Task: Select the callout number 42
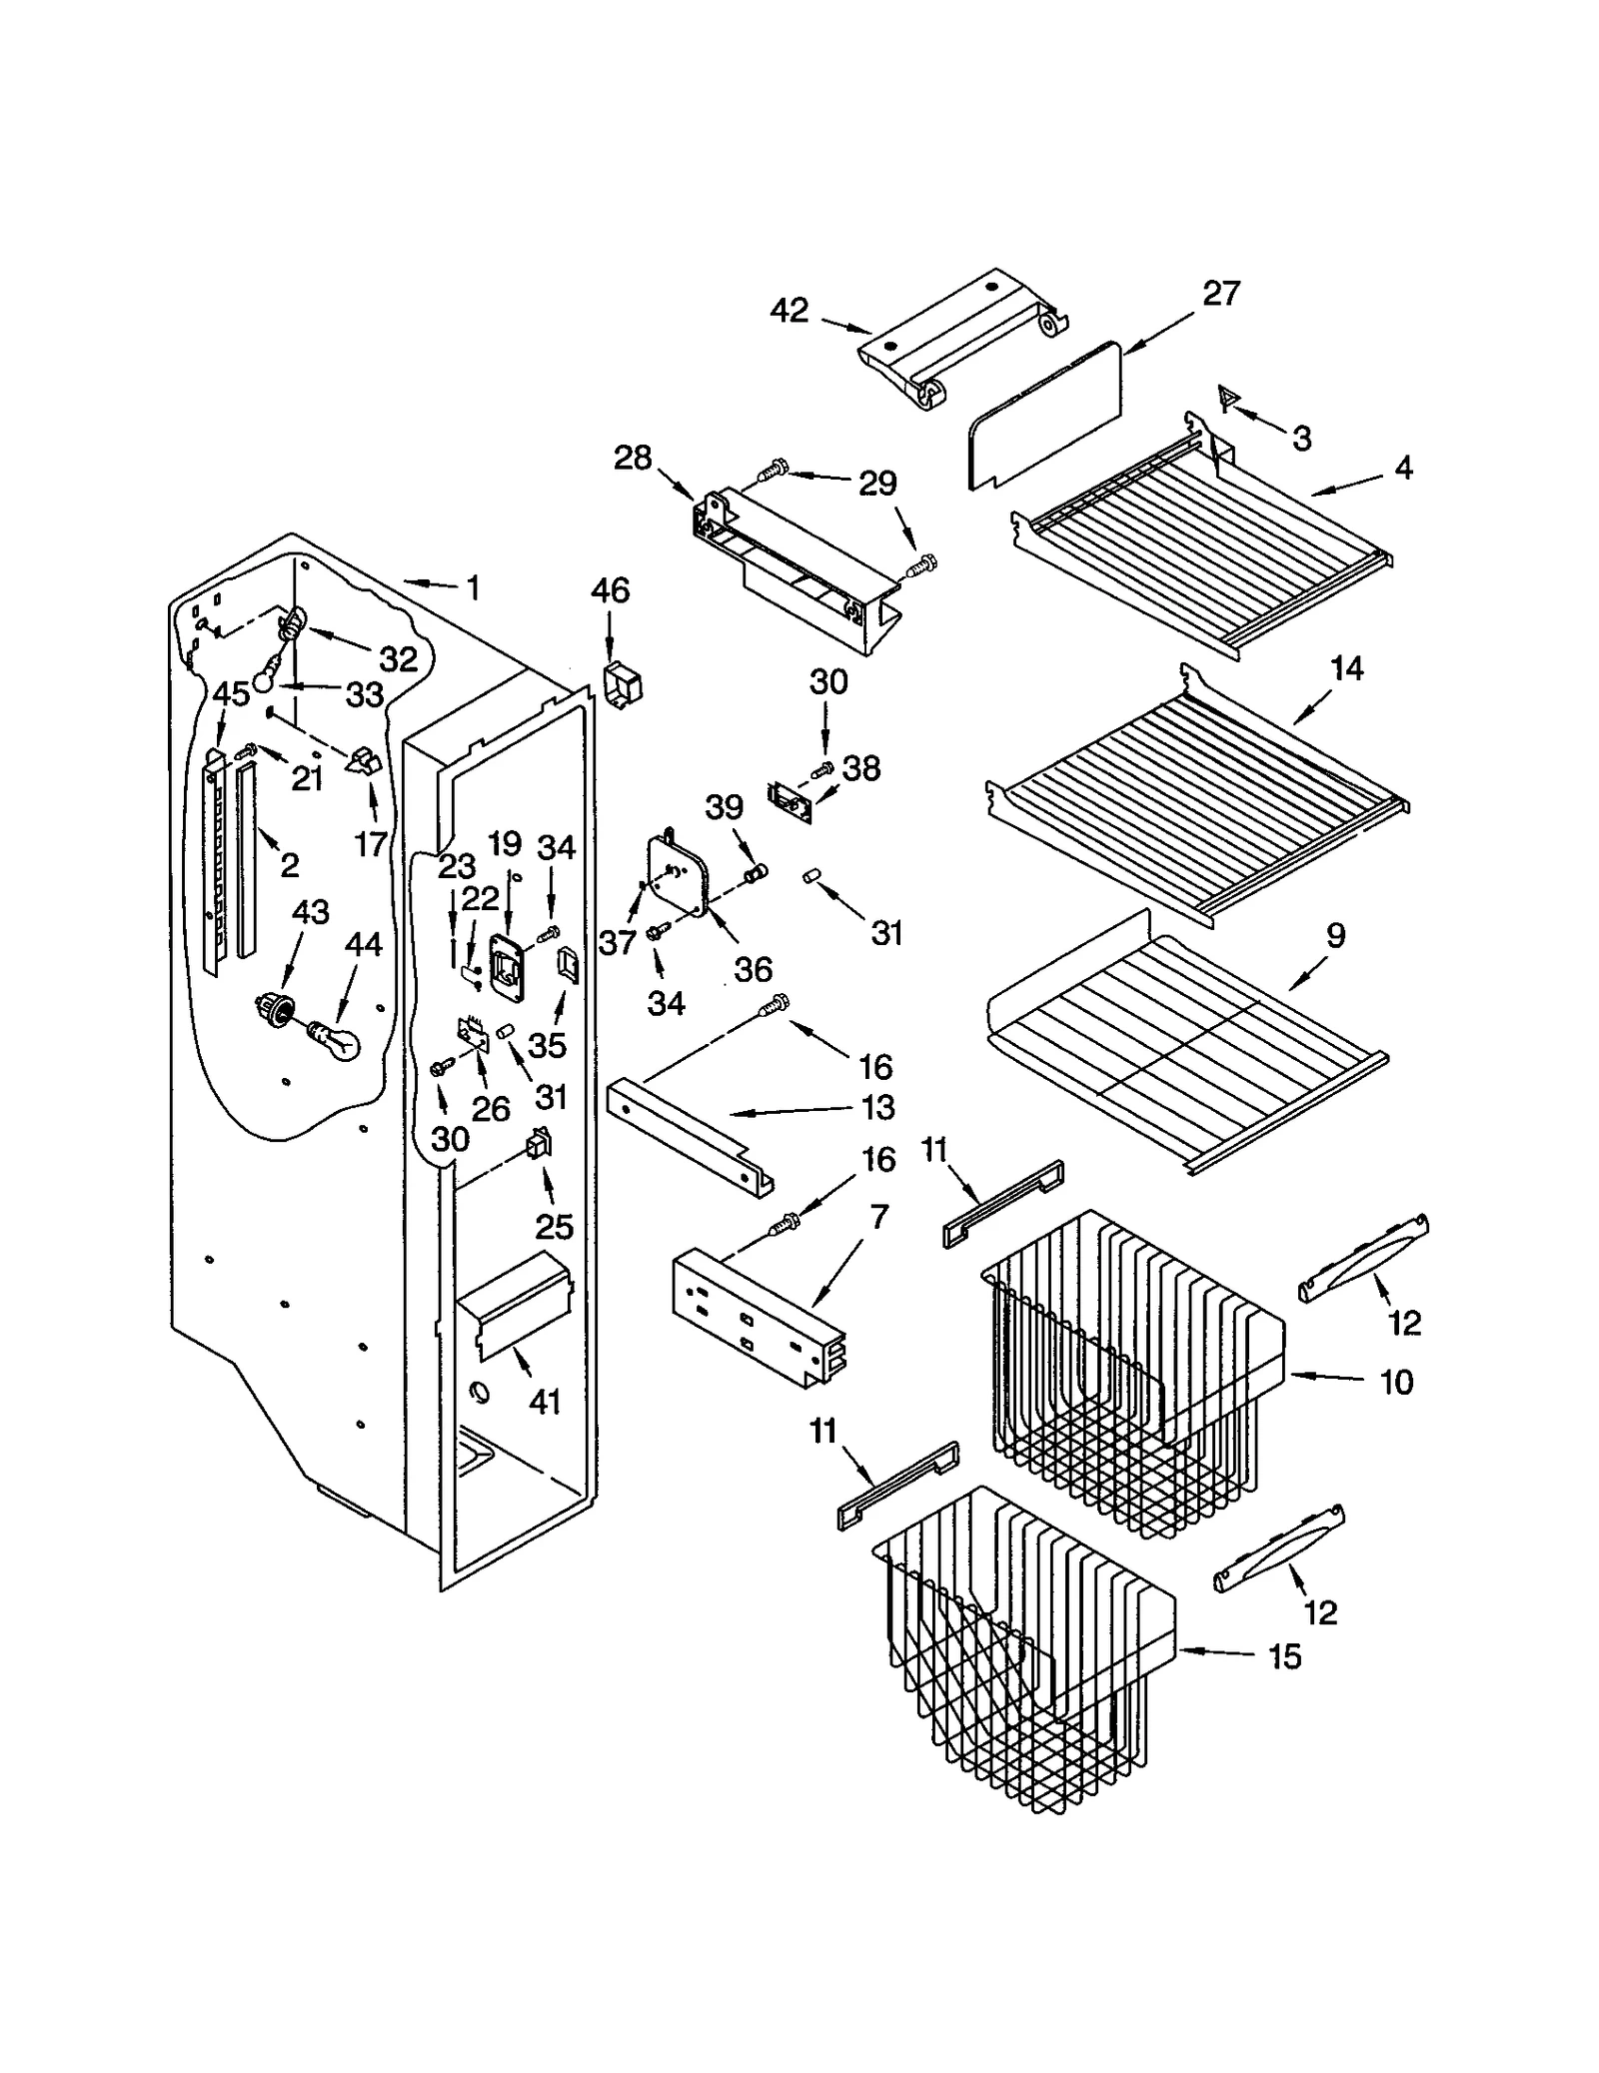tap(789, 311)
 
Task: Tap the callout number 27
tap(1221, 293)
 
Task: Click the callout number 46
tap(610, 590)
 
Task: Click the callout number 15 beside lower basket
tap(1285, 1657)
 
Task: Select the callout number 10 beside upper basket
tap(1396, 1383)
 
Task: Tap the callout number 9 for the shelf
tap(1335, 936)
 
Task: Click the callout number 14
tap(1347, 668)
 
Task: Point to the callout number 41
tap(545, 1403)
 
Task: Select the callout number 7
tap(878, 1217)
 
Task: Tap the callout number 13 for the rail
tap(878, 1107)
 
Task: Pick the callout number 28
tap(633, 459)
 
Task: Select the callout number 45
tap(231, 692)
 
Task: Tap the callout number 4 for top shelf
tap(1403, 467)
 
